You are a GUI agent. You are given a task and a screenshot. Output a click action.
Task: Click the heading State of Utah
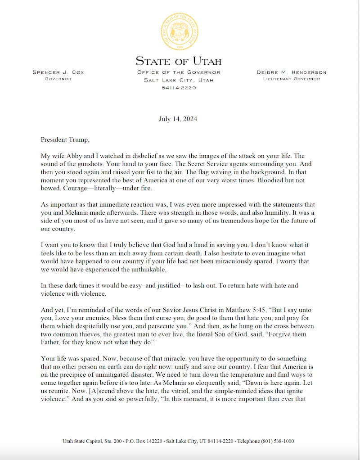[179, 61]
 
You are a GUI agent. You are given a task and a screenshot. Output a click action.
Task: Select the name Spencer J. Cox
[58, 72]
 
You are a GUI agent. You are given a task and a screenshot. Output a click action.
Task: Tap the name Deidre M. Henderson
[292, 72]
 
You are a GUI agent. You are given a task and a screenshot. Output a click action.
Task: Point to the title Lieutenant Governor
[292, 79]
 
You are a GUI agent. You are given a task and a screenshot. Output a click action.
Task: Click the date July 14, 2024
[178, 119]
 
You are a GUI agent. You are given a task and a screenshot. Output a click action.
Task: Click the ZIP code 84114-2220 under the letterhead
[179, 87]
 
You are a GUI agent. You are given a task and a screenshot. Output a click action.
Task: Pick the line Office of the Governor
[179, 72]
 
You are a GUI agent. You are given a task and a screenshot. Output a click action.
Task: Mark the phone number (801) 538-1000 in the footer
[278, 442]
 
